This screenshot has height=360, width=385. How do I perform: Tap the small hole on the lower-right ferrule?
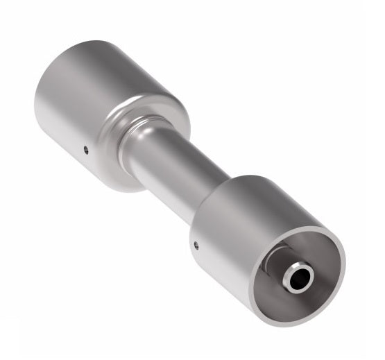pos(196,243)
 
